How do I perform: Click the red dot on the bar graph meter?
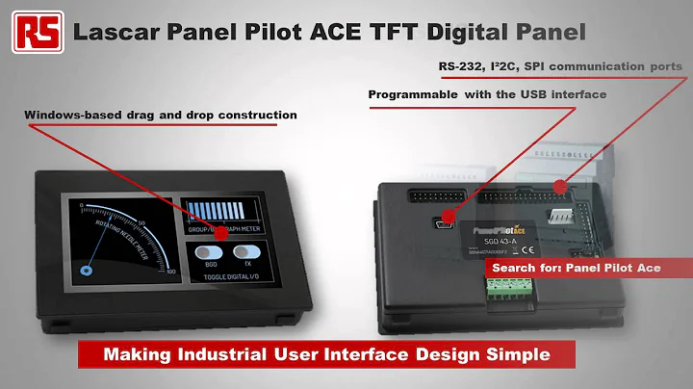pyautogui.click(x=220, y=233)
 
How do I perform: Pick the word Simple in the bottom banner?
pyautogui.click(x=517, y=354)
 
